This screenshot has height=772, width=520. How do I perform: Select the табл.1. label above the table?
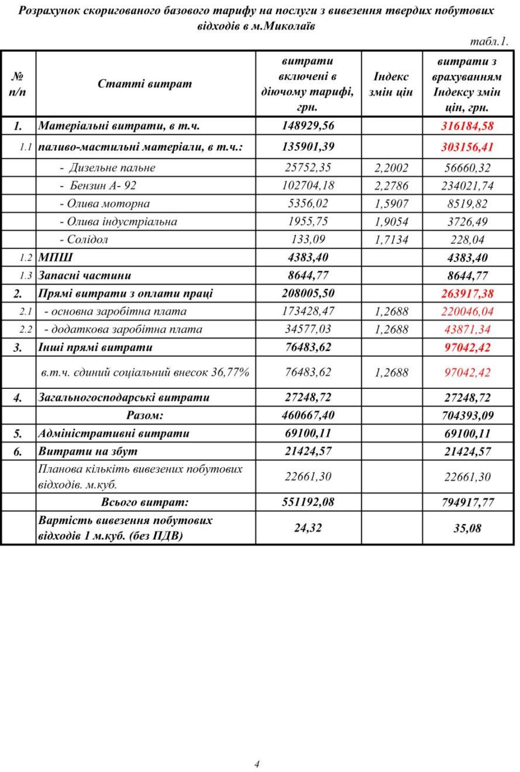click(x=489, y=42)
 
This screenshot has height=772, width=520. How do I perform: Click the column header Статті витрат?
click(x=144, y=84)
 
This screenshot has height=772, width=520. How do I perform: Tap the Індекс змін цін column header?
click(x=391, y=84)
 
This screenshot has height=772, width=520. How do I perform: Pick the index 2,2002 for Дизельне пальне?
click(x=391, y=168)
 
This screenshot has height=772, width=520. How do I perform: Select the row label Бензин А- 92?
click(x=103, y=186)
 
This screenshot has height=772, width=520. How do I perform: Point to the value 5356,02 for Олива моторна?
click(x=308, y=204)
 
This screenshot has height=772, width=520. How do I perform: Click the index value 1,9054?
click(x=391, y=222)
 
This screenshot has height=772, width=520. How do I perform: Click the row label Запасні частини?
click(x=84, y=275)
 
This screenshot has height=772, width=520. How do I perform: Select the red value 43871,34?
click(x=467, y=329)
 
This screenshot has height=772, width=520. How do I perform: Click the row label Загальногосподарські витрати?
click(x=123, y=398)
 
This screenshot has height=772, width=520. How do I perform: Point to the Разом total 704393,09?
click(x=467, y=416)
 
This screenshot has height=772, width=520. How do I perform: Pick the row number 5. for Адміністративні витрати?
click(x=18, y=434)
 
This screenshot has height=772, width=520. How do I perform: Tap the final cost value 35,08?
click(x=467, y=528)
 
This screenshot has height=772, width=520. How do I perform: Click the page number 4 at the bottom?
click(x=257, y=764)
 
